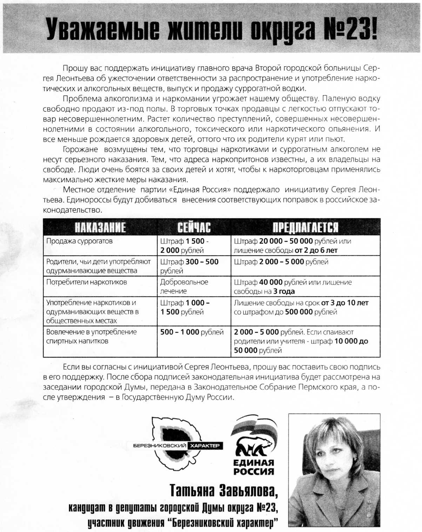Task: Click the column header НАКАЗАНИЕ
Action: tap(100, 227)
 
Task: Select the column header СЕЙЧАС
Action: tap(194, 227)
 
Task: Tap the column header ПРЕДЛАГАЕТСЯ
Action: tap(306, 227)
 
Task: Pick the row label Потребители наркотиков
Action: tap(87, 282)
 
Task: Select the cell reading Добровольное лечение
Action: tap(184, 286)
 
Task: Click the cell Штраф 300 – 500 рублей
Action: tap(189, 266)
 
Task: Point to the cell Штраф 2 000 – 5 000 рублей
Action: tap(281, 262)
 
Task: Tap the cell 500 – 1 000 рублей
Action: tap(192, 332)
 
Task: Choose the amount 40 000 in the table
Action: tap(271, 282)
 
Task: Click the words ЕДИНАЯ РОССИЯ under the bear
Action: tap(254, 467)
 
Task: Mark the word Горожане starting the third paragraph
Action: tap(80, 149)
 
